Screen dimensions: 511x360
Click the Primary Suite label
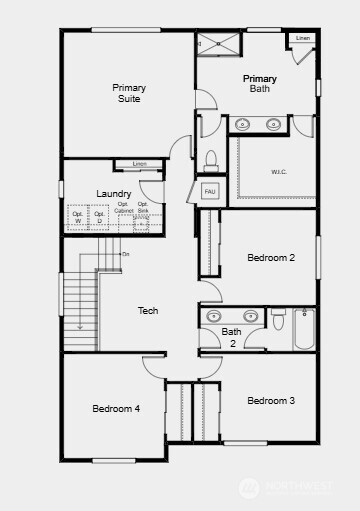[127, 93]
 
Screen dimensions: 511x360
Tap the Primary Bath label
[260, 83]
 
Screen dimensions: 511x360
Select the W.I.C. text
[279, 171]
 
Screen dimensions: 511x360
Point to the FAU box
[210, 190]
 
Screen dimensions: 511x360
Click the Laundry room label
[114, 193]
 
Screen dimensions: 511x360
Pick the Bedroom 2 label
[271, 258]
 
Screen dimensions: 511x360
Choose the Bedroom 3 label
[271, 401]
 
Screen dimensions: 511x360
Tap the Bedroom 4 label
[116, 408]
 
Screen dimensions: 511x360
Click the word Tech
[148, 311]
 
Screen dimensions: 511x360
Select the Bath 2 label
[232, 337]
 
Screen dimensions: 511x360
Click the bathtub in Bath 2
[304, 328]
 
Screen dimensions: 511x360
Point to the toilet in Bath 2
[278, 321]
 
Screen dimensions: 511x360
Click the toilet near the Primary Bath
[211, 160]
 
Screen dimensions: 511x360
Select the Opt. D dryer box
[99, 218]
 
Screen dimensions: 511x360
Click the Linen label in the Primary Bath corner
[303, 39]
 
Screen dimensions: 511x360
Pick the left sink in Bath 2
[213, 316]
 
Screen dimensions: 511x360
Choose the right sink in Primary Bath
[274, 124]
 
